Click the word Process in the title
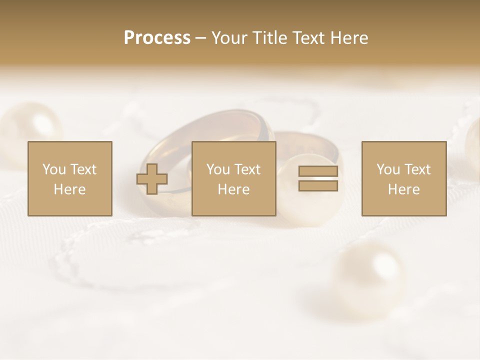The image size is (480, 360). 157,38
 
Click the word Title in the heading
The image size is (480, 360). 268,38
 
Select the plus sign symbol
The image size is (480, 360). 152,179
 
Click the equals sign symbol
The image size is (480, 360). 318,179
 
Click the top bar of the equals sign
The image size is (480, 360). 318,171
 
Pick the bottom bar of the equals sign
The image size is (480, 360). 318,186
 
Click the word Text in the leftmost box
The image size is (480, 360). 84,169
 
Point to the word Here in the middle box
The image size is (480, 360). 233,189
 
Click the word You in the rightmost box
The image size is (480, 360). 388,169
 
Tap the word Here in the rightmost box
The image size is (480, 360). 403,189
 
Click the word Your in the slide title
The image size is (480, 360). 228,38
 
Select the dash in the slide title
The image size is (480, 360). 200,38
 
